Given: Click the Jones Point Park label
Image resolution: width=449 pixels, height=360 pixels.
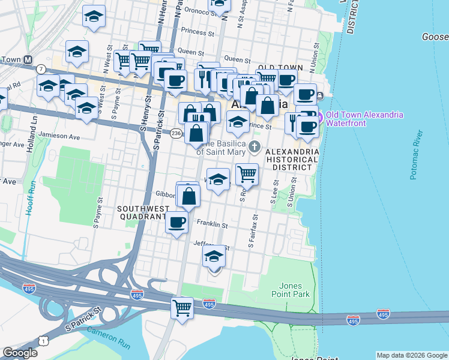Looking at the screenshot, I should click(294, 289).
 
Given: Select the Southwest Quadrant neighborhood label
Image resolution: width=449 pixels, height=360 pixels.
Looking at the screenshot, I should click(142, 212).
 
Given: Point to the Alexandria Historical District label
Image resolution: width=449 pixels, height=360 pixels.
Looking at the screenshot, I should click(292, 159).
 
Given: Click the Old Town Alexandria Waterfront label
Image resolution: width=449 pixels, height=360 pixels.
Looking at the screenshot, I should click(364, 119).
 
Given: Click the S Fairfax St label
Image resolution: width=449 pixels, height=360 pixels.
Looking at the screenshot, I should click(253, 231).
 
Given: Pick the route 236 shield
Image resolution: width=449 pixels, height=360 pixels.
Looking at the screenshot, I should click(176, 133).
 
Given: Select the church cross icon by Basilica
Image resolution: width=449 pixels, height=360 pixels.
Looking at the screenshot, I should click(255, 146).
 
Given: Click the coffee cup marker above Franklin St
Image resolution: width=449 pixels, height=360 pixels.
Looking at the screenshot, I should click(176, 222).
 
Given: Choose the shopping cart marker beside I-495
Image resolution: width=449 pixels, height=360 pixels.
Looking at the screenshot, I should click(182, 308).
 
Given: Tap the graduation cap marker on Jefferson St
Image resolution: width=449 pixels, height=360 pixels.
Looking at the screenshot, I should click(214, 257).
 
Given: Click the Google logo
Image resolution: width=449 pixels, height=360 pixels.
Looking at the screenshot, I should click(20, 353).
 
